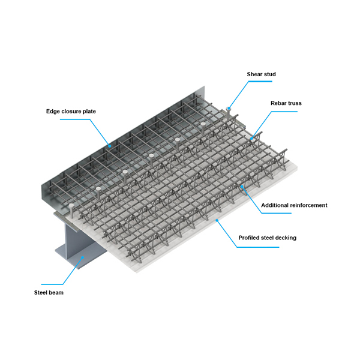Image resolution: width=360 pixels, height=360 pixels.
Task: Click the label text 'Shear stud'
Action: (261, 74)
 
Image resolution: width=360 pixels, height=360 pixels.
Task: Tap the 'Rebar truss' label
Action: (286, 103)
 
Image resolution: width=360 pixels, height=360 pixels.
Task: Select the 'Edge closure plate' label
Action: (71, 112)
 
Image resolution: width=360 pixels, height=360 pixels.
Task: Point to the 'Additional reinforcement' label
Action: (294, 205)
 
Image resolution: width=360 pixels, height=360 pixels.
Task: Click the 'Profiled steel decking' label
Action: (267, 238)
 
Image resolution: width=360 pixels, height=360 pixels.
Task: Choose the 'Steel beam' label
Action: (49, 293)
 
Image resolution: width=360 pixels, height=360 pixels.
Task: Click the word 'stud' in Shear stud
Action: (270, 74)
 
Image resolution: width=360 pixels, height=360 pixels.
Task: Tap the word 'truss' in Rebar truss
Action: (295, 103)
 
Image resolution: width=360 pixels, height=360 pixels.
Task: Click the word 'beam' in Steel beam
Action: (56, 293)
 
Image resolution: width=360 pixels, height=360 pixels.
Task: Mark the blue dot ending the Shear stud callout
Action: (229, 109)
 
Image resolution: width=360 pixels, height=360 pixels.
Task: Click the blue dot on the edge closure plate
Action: (110, 146)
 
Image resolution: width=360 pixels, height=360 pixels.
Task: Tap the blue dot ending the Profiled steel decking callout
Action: (217, 220)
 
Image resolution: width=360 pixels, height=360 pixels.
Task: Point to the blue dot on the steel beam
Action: (83, 257)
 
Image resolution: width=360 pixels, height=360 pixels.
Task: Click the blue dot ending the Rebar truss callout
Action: (251, 139)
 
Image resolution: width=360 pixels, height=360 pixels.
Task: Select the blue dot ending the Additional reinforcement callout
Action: (242, 187)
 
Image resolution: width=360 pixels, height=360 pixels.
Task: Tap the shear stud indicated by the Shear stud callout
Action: (229, 113)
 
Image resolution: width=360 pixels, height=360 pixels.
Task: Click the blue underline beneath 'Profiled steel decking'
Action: (258, 247)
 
